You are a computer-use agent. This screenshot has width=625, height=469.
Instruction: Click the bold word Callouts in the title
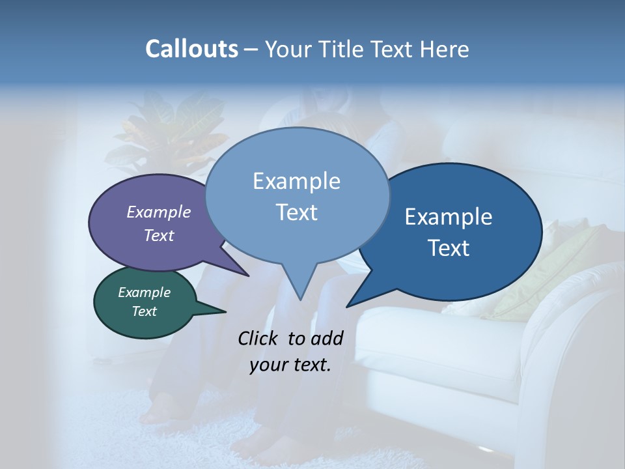click(191, 49)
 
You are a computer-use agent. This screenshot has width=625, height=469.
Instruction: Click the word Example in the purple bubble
click(159, 212)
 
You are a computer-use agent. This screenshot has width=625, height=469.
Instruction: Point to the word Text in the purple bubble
click(159, 235)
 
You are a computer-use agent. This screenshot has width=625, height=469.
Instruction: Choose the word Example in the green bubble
click(145, 292)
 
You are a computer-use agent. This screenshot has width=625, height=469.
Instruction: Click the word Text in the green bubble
click(145, 311)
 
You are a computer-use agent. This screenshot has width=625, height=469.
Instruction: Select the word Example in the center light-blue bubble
click(297, 181)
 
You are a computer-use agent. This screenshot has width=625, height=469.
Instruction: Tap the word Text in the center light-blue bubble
click(297, 212)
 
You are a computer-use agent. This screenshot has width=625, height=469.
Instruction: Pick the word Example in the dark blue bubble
click(449, 217)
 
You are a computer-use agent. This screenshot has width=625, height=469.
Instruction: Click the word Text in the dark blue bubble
click(449, 248)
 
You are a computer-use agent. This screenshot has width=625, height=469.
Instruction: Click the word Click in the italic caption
click(259, 338)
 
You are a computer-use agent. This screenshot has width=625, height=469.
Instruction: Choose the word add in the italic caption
click(327, 338)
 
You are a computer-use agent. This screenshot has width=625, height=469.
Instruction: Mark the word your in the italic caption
click(268, 365)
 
